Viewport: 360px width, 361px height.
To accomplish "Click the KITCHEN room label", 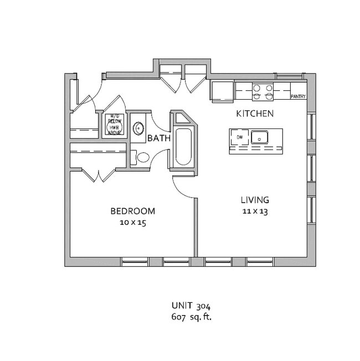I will [255, 114].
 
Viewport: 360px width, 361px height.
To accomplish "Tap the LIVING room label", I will [254, 200].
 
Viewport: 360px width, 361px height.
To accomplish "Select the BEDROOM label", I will [132, 211].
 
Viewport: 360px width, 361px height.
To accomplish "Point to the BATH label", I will [158, 138].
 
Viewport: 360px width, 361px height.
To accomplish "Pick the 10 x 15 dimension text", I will [132, 223].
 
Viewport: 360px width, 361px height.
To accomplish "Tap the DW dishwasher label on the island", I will [240, 136].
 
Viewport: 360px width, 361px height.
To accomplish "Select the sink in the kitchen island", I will [259, 137].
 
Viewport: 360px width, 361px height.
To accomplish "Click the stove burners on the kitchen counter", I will [263, 92].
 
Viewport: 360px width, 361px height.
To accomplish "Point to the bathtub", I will [183, 147].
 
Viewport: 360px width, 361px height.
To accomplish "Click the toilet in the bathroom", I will [142, 157].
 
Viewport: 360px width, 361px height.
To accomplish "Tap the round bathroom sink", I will [138, 127].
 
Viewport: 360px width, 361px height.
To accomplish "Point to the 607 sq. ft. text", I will [192, 317].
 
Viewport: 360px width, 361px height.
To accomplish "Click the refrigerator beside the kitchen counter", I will [222, 91].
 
